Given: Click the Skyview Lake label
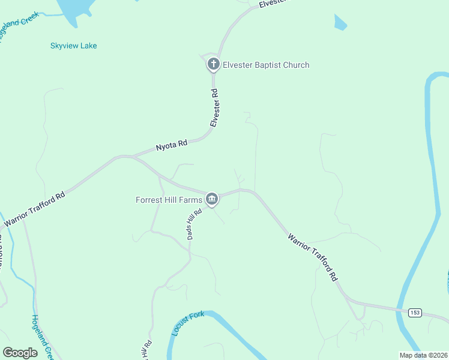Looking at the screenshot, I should point(74,46).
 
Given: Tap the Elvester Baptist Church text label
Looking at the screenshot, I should point(266,65).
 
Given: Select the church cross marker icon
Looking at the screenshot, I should point(212,64).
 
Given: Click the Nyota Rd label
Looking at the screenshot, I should point(172,145).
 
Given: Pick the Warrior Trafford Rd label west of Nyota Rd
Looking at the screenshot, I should point(34,210).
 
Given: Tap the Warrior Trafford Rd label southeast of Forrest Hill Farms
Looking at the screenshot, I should point(313,257).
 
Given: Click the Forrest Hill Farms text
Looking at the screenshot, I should point(169,199).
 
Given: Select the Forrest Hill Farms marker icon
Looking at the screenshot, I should point(211,199).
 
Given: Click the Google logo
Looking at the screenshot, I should point(20,353).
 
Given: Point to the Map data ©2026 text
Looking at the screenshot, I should point(423,355).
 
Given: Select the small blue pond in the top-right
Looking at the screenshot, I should point(340,23).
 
